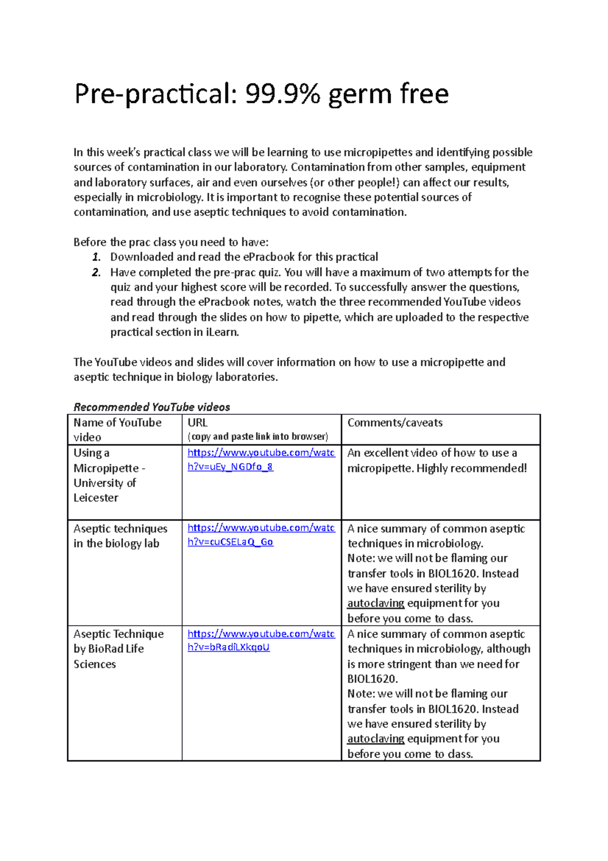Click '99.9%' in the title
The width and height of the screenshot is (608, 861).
click(x=282, y=94)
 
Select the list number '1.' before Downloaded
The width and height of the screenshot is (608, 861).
click(x=96, y=257)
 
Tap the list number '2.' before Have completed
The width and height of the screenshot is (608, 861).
click(x=96, y=272)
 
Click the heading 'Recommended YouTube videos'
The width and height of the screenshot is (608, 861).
click(x=151, y=407)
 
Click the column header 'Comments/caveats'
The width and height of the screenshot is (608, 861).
click(x=395, y=422)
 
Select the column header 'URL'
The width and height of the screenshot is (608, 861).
click(x=198, y=422)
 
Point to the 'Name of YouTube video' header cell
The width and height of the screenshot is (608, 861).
click(x=117, y=429)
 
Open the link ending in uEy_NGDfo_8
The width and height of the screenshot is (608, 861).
click(x=261, y=459)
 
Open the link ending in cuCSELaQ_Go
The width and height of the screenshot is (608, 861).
click(x=261, y=534)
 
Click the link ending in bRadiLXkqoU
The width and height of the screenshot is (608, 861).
click(x=261, y=640)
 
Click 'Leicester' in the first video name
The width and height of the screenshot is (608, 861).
click(x=96, y=497)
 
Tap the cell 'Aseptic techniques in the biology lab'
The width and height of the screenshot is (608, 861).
click(x=120, y=535)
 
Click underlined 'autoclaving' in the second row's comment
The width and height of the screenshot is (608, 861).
click(x=375, y=603)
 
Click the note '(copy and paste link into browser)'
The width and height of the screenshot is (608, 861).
click(x=257, y=436)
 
